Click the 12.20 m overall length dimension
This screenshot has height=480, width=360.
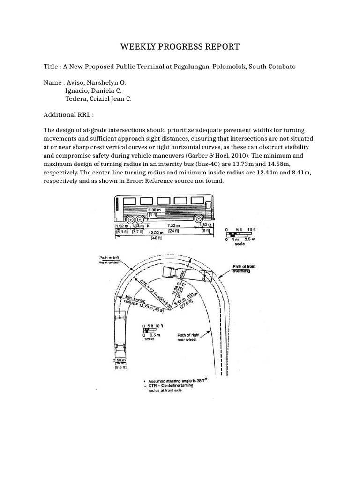click(156, 232)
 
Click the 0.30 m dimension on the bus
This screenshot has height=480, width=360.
click(154, 210)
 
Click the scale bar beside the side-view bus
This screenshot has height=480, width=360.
click(239, 234)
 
